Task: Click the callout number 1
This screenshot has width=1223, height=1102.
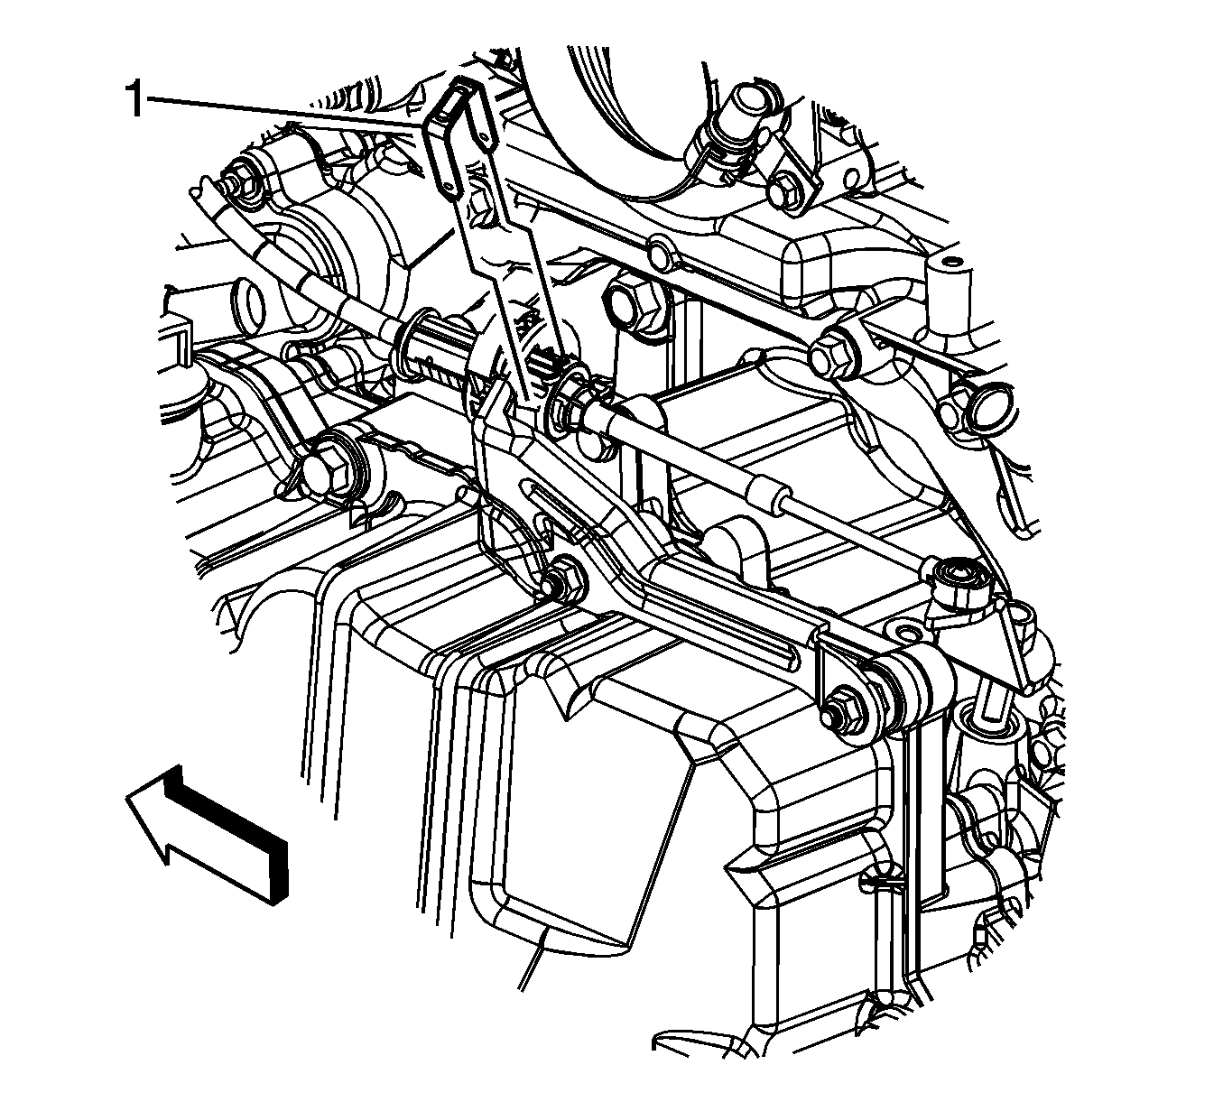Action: click(134, 99)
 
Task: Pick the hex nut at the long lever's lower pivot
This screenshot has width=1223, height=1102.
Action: click(561, 580)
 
